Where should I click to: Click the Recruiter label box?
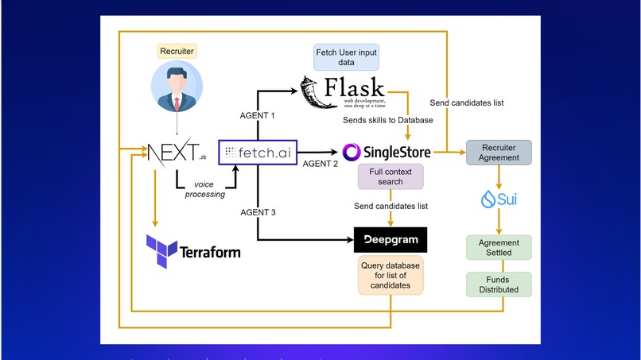[177, 52]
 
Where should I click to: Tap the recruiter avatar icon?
[177, 88]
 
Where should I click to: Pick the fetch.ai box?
[256, 151]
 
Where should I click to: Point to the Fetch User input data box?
[347, 57]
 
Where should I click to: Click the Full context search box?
[390, 176]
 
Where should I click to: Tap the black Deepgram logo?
[390, 239]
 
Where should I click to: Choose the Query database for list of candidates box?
[390, 276]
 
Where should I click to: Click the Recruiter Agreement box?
[499, 152]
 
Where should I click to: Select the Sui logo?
[499, 199]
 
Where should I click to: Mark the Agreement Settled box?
[499, 247]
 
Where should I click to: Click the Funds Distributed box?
[499, 284]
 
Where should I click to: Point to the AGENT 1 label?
[257, 115]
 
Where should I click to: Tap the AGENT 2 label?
[321, 163]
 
